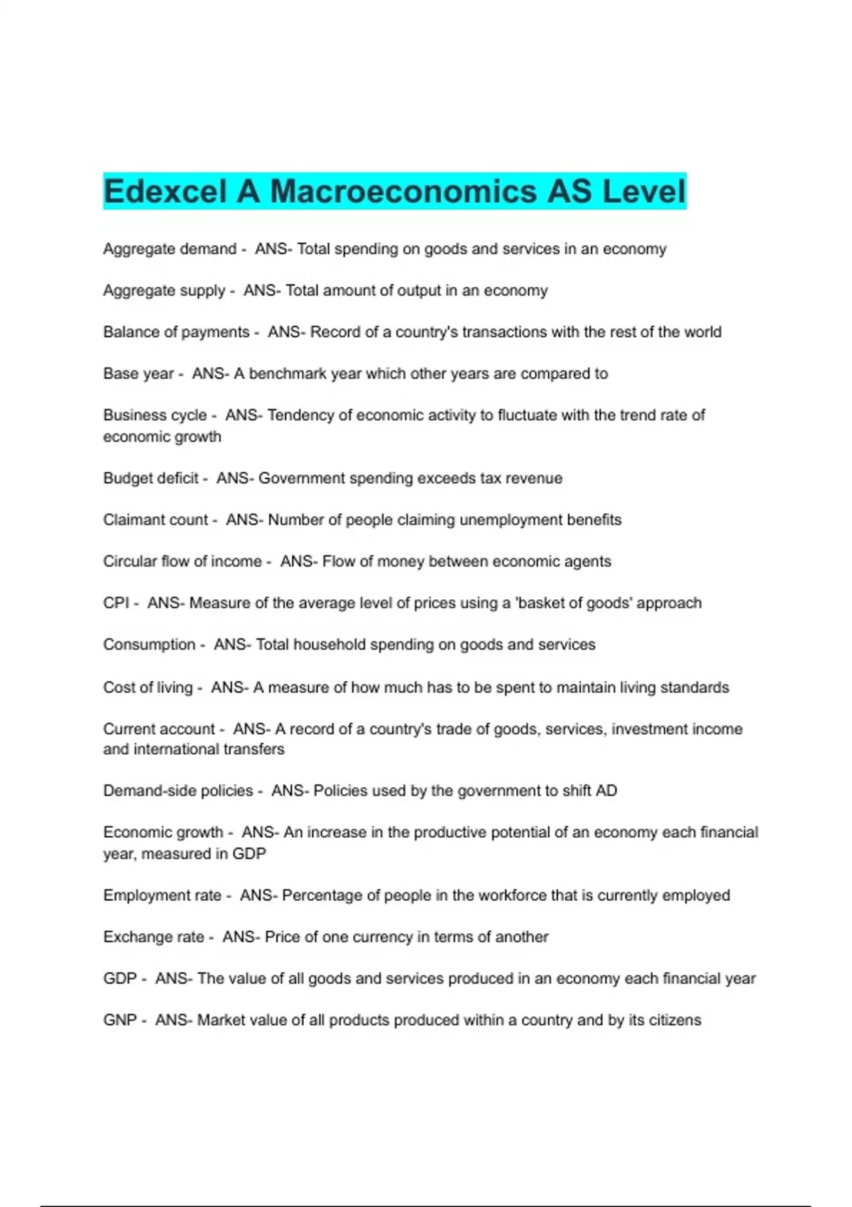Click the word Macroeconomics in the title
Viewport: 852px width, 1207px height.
[403, 192]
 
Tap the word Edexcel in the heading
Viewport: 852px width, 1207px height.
[165, 192]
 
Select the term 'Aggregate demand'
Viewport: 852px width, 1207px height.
[170, 249]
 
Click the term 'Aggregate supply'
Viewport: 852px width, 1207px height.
[164, 290]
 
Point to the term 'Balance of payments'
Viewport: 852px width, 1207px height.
[176, 332]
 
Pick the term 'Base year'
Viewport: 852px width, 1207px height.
[138, 373]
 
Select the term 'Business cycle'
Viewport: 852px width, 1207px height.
[155, 415]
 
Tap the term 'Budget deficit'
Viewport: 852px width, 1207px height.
[151, 479]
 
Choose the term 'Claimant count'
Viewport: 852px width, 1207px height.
[155, 520]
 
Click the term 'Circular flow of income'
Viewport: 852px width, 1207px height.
[182, 562]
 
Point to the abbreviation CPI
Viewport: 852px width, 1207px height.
[116, 603]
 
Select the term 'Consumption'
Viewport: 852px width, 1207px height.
[149, 645]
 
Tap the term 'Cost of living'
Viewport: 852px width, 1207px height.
[148, 687]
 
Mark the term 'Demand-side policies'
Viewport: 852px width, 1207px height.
[178, 791]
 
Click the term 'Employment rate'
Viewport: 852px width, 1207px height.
[163, 895]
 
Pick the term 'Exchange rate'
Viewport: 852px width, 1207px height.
[153, 937]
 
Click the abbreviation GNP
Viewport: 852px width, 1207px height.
[120, 1020]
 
